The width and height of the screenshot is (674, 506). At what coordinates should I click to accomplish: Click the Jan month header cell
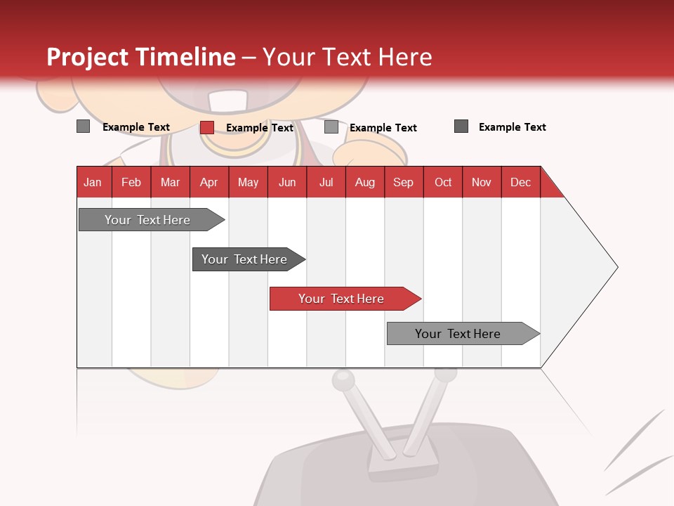click(x=93, y=182)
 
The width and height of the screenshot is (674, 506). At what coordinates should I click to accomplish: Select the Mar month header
click(x=170, y=182)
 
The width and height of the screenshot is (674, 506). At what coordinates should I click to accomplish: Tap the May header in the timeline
click(x=248, y=182)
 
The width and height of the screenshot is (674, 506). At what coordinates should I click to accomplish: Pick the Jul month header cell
click(x=326, y=182)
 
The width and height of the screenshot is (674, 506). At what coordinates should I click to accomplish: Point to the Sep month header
click(x=403, y=182)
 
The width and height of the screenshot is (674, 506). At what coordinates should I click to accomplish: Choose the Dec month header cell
click(x=520, y=182)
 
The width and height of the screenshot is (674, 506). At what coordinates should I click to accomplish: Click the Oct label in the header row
click(x=443, y=182)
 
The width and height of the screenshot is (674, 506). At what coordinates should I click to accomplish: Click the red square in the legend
click(x=207, y=127)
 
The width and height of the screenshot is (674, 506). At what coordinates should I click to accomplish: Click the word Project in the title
click(x=88, y=57)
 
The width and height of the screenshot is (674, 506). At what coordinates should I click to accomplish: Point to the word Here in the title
click(x=405, y=57)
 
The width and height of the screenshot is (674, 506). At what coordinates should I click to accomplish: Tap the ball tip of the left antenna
click(x=343, y=379)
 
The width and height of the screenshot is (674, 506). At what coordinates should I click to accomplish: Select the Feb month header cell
click(x=131, y=182)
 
